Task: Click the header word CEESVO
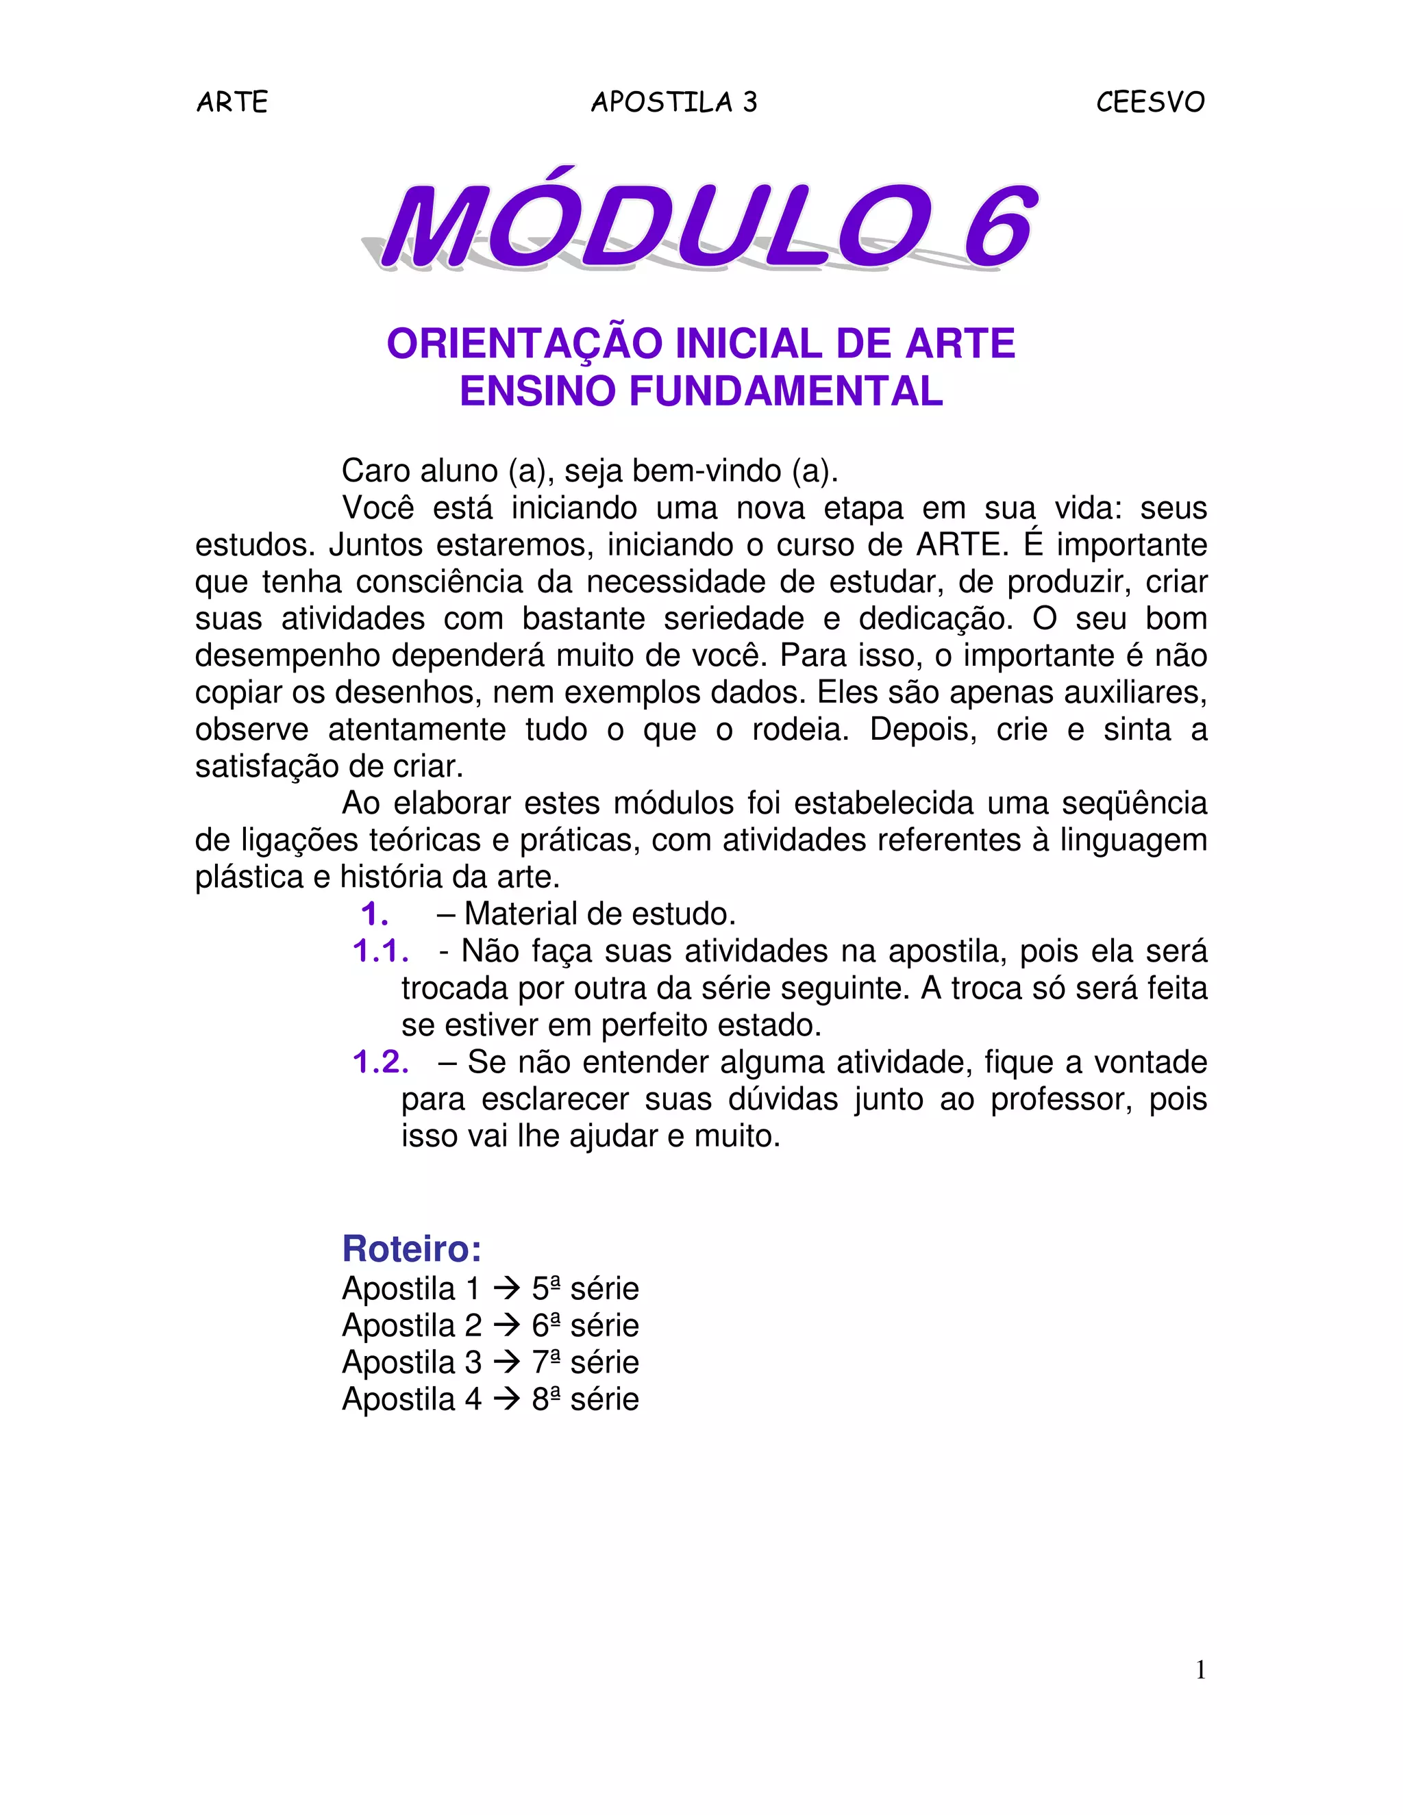[x=1150, y=102]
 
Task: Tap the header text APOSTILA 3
[x=674, y=102]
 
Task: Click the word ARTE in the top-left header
[x=232, y=102]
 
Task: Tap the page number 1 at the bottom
[x=1200, y=1670]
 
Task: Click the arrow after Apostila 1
[x=506, y=1289]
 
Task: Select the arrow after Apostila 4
[x=506, y=1399]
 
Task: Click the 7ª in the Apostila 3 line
[x=545, y=1362]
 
